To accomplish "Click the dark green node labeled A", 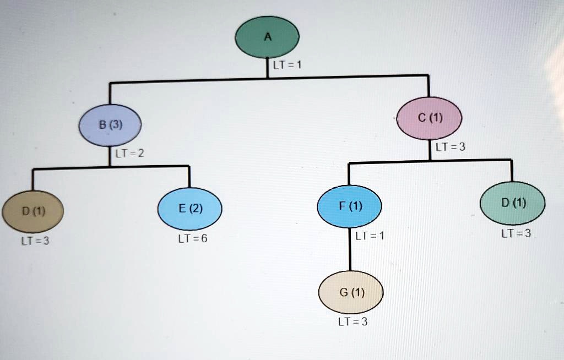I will tap(267, 37).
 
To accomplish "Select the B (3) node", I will tap(111, 124).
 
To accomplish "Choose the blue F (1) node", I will tap(350, 206).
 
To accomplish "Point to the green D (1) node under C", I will tap(513, 203).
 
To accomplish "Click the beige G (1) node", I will tap(351, 292).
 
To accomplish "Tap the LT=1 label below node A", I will tap(286, 65).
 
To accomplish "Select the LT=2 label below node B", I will tap(129, 153).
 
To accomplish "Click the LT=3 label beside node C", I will tap(450, 147).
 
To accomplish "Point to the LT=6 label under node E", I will tap(192, 239).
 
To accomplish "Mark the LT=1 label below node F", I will tap(370, 236).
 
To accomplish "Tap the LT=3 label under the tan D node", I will tap(35, 241).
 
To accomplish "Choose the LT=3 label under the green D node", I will tap(516, 233).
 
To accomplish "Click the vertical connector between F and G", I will tap(350, 253).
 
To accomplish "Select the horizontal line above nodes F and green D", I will tap(430, 161).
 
